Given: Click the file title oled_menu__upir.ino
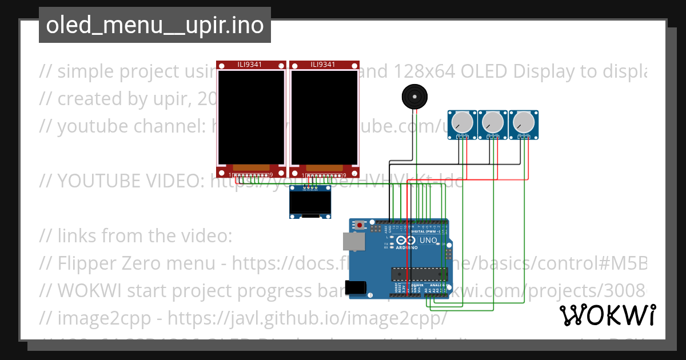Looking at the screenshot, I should tap(154, 26).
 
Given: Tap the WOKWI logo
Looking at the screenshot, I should tap(607, 315).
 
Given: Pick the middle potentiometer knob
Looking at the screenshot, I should tap(492, 122).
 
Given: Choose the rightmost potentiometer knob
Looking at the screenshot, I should tap(523, 122).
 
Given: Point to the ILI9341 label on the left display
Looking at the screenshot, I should tap(250, 65).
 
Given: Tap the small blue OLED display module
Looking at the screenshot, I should tap(310, 203).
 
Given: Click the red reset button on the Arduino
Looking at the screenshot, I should tap(360, 226).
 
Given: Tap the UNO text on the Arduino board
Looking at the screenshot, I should tap(428, 241).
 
